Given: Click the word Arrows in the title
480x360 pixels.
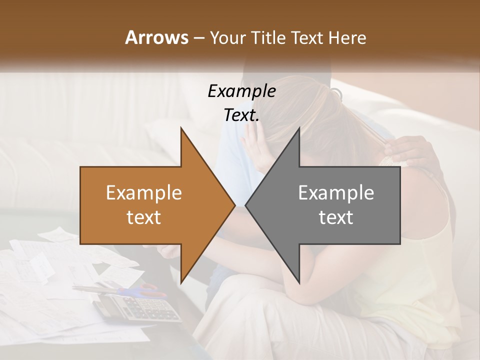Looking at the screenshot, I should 156,37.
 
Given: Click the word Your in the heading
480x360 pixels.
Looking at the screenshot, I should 227,38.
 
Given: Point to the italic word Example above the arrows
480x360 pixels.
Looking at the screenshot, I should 241,91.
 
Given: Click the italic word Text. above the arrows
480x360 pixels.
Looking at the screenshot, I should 241,115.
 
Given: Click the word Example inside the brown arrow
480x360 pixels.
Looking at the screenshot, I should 144,193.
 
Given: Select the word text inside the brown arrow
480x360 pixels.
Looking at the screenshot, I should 144,217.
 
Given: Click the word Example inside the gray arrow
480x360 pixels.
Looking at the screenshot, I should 336,193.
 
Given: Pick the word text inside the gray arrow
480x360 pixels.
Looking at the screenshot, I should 336,217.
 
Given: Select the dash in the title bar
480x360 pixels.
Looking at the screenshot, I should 198,38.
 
